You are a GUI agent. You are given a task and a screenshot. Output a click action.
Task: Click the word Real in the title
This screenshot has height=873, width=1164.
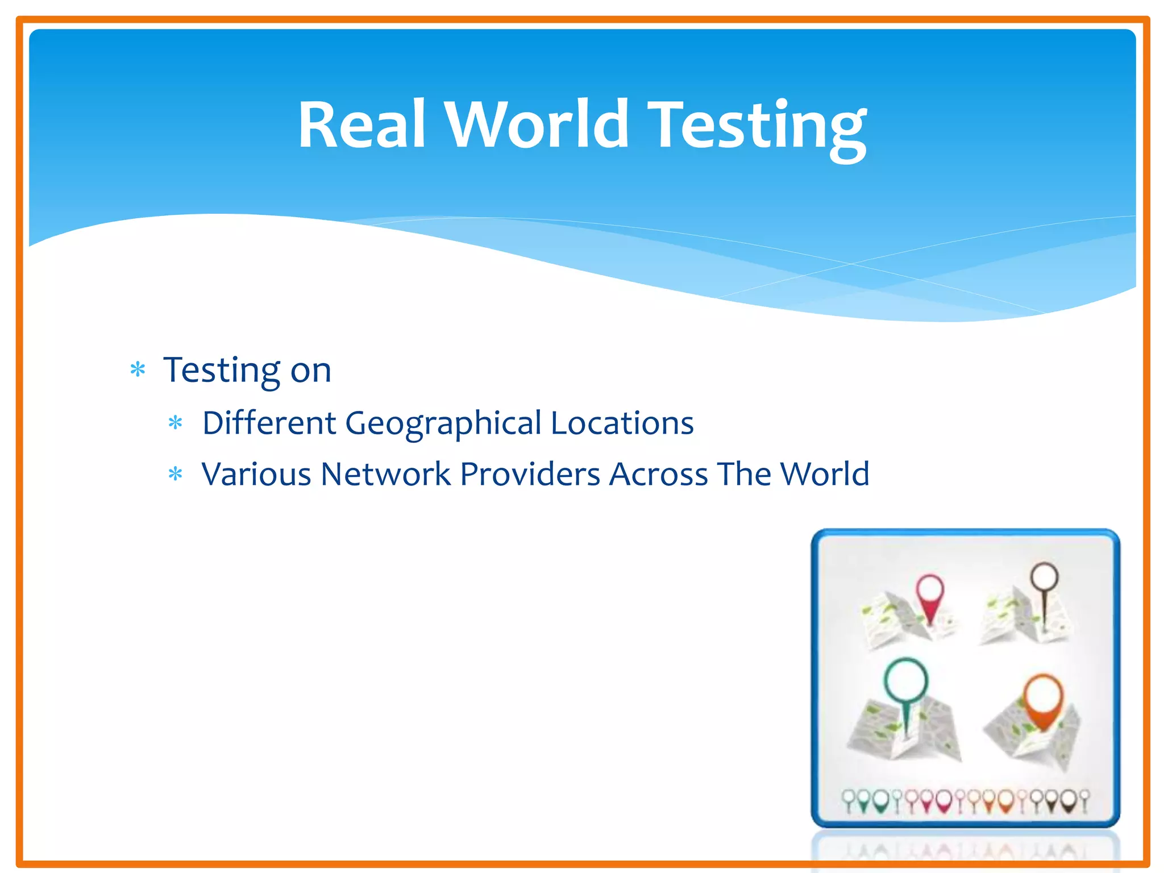[x=361, y=124]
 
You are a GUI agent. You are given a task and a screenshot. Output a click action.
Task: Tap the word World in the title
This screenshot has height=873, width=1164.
[x=537, y=124]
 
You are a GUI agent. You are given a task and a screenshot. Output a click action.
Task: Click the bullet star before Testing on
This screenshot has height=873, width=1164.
[x=138, y=370]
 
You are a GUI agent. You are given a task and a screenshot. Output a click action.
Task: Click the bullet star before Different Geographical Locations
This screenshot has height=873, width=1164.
[x=176, y=423]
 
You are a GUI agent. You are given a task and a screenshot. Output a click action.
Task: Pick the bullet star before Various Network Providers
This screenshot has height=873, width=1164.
[x=176, y=474]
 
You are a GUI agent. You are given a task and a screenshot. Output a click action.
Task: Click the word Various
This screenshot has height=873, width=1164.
[x=256, y=474]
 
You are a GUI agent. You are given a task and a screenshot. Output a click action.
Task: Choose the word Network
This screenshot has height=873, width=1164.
[x=385, y=474]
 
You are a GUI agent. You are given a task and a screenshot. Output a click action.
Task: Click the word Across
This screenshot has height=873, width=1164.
[x=658, y=474]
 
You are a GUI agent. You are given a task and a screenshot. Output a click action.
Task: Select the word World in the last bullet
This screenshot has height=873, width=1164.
[x=824, y=474]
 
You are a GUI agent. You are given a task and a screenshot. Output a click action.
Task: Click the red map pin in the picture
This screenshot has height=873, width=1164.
[x=930, y=597]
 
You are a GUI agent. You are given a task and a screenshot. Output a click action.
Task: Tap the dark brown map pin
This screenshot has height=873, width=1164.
[x=1045, y=585]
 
